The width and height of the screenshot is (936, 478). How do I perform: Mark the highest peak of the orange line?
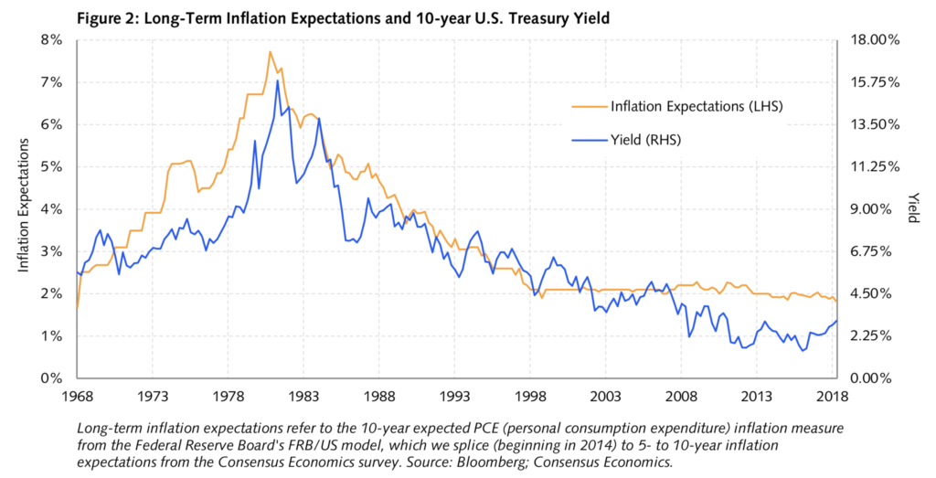pos(270,52)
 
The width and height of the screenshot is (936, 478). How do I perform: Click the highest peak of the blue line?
pos(277,80)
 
